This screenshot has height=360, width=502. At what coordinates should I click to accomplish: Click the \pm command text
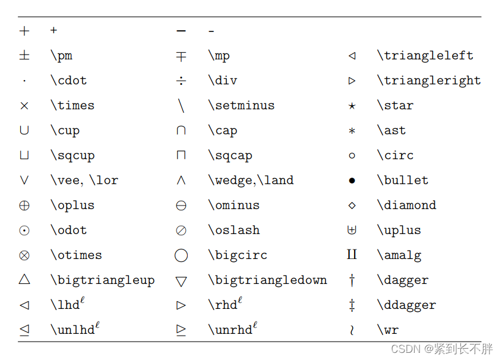click(61, 56)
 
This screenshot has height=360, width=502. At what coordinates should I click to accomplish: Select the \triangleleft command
click(425, 56)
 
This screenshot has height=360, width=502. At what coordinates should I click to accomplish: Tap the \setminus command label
click(241, 106)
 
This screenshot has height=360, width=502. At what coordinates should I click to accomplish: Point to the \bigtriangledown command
click(267, 280)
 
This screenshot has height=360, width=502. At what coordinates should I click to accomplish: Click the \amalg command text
click(399, 255)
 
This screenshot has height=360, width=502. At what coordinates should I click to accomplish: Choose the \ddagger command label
click(406, 305)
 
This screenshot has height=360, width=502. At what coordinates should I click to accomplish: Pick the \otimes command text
click(76, 255)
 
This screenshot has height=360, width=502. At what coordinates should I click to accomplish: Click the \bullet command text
click(402, 181)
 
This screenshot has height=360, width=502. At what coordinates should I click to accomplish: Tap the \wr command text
click(387, 330)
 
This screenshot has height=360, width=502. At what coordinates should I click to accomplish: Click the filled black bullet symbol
click(352, 181)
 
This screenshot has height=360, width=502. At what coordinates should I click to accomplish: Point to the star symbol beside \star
click(352, 106)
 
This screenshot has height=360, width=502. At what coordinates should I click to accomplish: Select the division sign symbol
click(181, 81)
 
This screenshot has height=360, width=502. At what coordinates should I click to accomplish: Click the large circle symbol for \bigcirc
click(181, 255)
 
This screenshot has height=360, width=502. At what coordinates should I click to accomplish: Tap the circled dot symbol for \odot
click(24, 230)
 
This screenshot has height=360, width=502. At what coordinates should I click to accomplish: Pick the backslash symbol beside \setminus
click(181, 106)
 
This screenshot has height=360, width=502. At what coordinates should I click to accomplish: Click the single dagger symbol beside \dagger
click(352, 280)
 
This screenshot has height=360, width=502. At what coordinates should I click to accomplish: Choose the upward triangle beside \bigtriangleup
click(24, 280)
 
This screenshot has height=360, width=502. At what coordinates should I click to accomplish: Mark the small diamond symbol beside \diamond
click(352, 206)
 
